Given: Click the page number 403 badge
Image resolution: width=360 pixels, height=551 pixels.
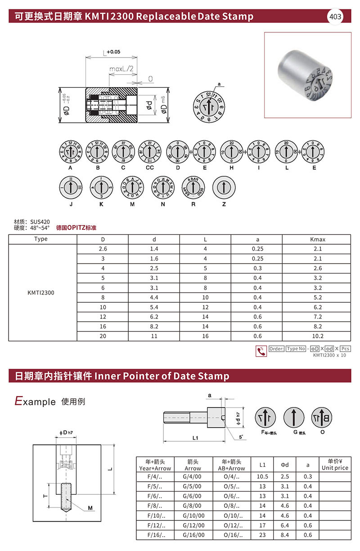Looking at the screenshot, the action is click(335, 17).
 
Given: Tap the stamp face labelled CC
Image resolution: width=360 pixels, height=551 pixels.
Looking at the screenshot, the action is click(150, 150).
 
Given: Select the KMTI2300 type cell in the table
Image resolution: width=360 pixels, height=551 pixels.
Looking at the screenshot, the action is click(41, 292).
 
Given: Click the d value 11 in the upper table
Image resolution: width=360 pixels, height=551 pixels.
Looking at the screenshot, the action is click(154, 336).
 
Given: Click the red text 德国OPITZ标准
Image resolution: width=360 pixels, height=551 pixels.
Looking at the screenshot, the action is click(76, 228).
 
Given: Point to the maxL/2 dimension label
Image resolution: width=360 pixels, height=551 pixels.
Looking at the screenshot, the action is click(121, 69).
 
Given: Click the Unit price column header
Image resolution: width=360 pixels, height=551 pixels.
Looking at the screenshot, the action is click(335, 465).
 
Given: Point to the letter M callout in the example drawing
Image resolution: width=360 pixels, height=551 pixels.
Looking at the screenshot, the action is click(90, 508).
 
